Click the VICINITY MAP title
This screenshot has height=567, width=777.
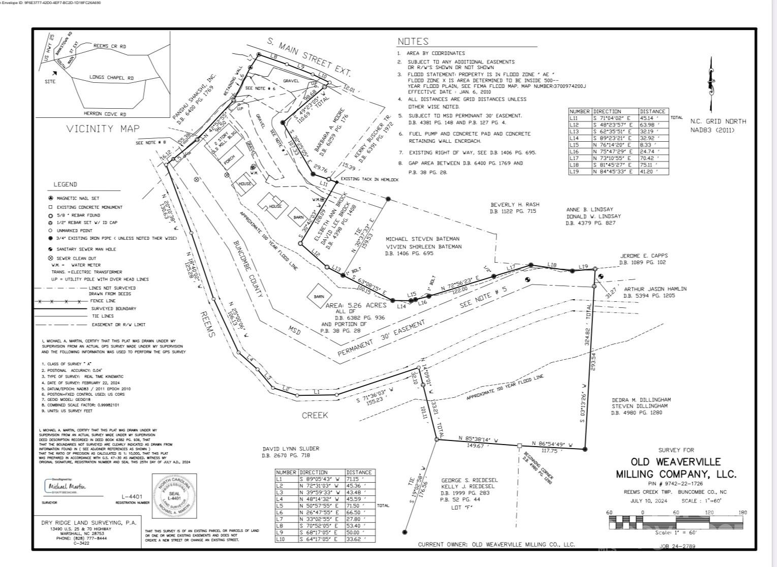pyautogui.click(x=103, y=129)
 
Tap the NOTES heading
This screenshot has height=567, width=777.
pyautogui.click(x=413, y=42)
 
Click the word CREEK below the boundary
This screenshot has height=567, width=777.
pyautogui.click(x=315, y=415)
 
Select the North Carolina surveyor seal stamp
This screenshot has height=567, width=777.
pyautogui.click(x=174, y=495)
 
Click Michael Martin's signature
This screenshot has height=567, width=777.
pyautogui.click(x=67, y=486)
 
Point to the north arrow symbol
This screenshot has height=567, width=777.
pyautogui.click(x=710, y=84)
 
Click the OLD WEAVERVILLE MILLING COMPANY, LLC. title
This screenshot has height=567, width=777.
pyautogui.click(x=675, y=467)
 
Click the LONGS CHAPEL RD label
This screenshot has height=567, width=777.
pyautogui.click(x=111, y=78)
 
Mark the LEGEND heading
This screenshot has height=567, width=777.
pyautogui.click(x=66, y=184)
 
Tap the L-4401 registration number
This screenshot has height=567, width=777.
pyautogui.click(x=132, y=496)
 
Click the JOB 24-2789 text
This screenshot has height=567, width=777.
pyautogui.click(x=677, y=546)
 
